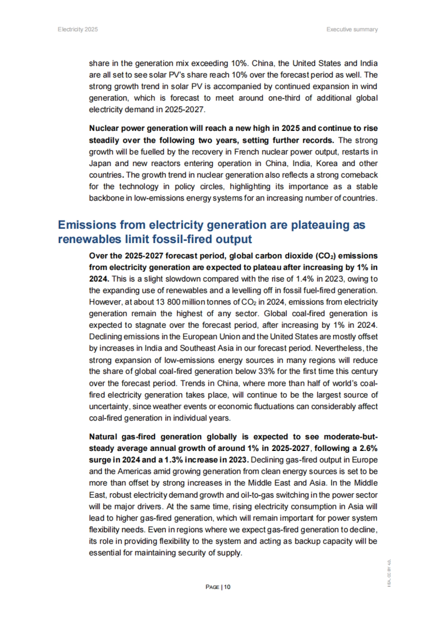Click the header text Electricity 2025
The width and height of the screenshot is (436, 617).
77,29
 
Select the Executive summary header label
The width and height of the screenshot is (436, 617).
352,29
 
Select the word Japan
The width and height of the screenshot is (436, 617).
100,164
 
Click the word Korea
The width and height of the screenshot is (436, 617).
327,164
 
